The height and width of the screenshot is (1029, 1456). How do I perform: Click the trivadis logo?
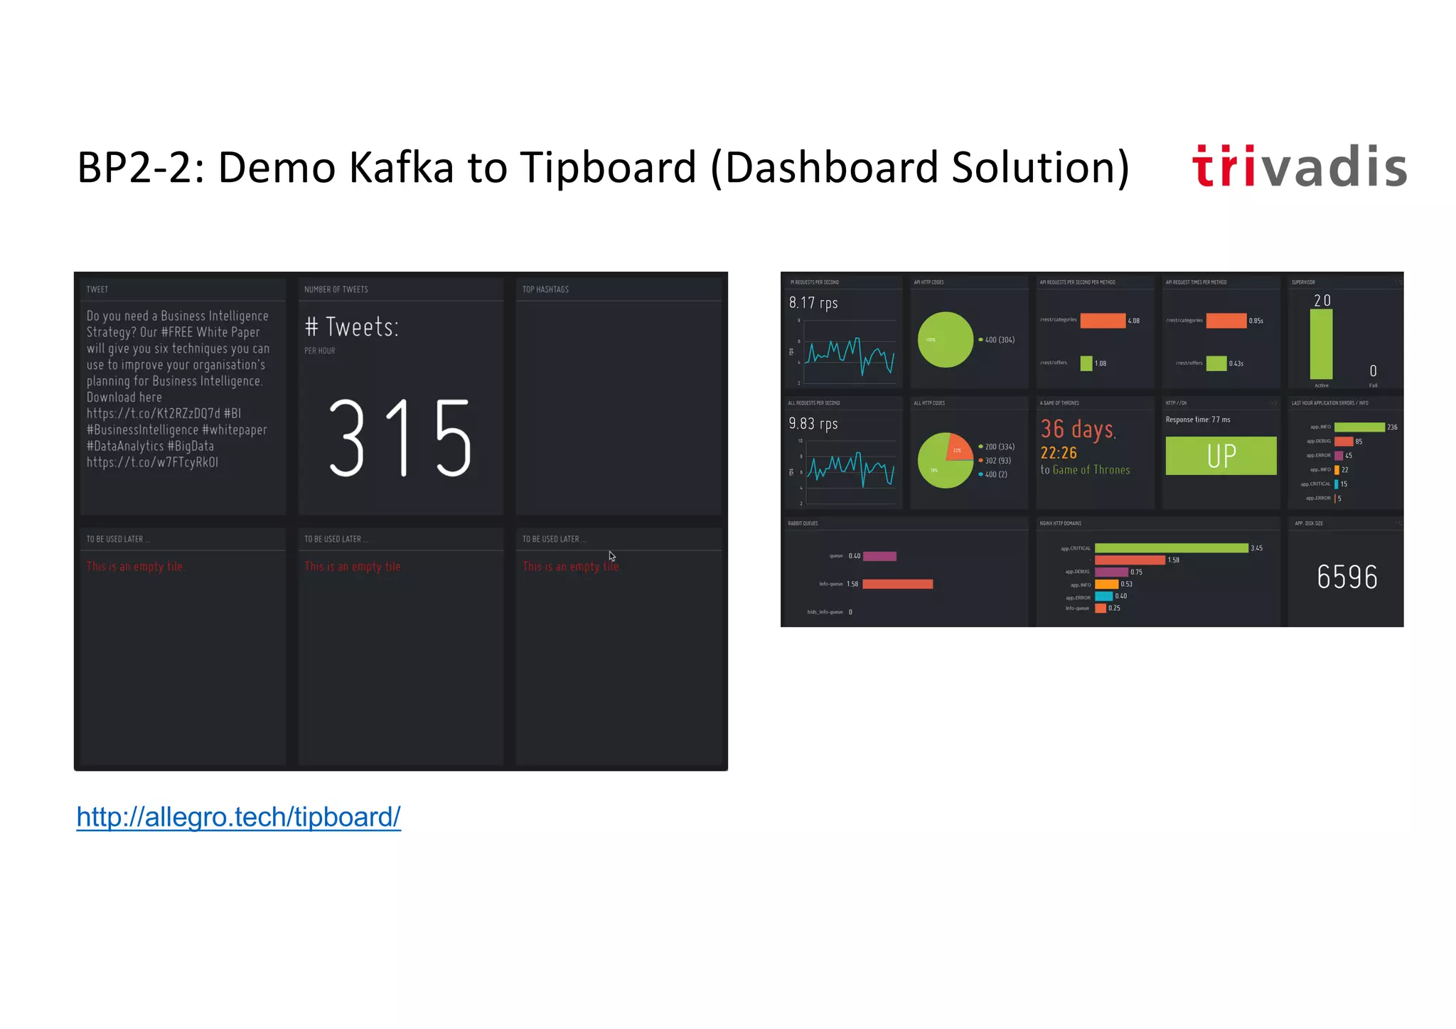pos(1299,166)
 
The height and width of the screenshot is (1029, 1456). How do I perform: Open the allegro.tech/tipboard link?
pos(238,817)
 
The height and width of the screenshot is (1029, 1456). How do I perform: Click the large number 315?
pos(400,437)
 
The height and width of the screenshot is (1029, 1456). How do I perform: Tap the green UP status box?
pos(1221,456)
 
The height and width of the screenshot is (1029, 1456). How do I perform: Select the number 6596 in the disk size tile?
pos(1347,577)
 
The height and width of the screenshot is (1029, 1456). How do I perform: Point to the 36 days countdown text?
pos(1078,430)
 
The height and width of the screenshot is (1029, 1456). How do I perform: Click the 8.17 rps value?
pos(813,303)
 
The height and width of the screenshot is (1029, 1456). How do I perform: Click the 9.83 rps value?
pos(813,424)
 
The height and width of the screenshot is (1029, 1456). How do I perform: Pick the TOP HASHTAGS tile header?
pos(545,289)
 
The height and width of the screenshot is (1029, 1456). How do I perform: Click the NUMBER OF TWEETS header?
pos(336,289)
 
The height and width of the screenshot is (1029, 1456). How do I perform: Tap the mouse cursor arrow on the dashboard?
pos(611,556)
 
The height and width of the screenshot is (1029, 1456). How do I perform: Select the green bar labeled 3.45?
pos(1171,548)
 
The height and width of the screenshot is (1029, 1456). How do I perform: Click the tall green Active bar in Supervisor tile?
pos(1321,345)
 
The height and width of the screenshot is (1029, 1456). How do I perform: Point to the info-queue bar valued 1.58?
pos(897,584)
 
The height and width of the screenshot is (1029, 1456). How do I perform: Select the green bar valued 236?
pos(1359,427)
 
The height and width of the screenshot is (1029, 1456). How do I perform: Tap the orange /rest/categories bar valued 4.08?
pos(1103,321)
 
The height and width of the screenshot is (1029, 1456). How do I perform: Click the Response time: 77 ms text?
pos(1197,420)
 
